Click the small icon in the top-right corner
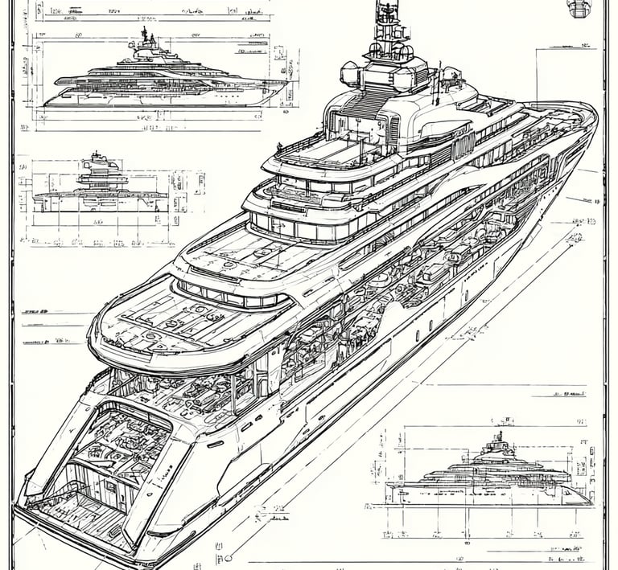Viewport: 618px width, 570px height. pyautogui.click(x=579, y=8)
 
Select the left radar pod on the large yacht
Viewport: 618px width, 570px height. pyautogui.click(x=352, y=75)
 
